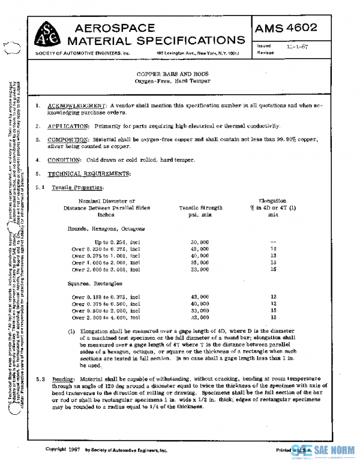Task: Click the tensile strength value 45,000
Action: (x=199, y=248)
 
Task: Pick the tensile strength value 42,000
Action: (x=199, y=296)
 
